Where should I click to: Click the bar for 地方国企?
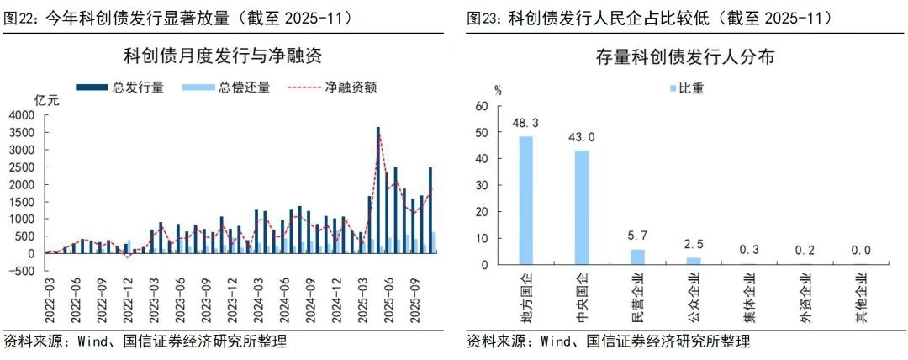click(x=525, y=200)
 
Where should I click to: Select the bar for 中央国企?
click(x=581, y=207)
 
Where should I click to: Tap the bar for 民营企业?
click(x=636, y=257)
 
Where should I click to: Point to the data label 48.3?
click(x=525, y=123)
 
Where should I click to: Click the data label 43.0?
click(x=581, y=137)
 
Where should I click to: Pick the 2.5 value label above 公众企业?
click(x=693, y=244)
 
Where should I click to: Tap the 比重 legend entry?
click(x=692, y=88)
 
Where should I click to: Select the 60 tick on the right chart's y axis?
click(x=482, y=107)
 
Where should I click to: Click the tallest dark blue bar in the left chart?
click(x=378, y=190)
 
